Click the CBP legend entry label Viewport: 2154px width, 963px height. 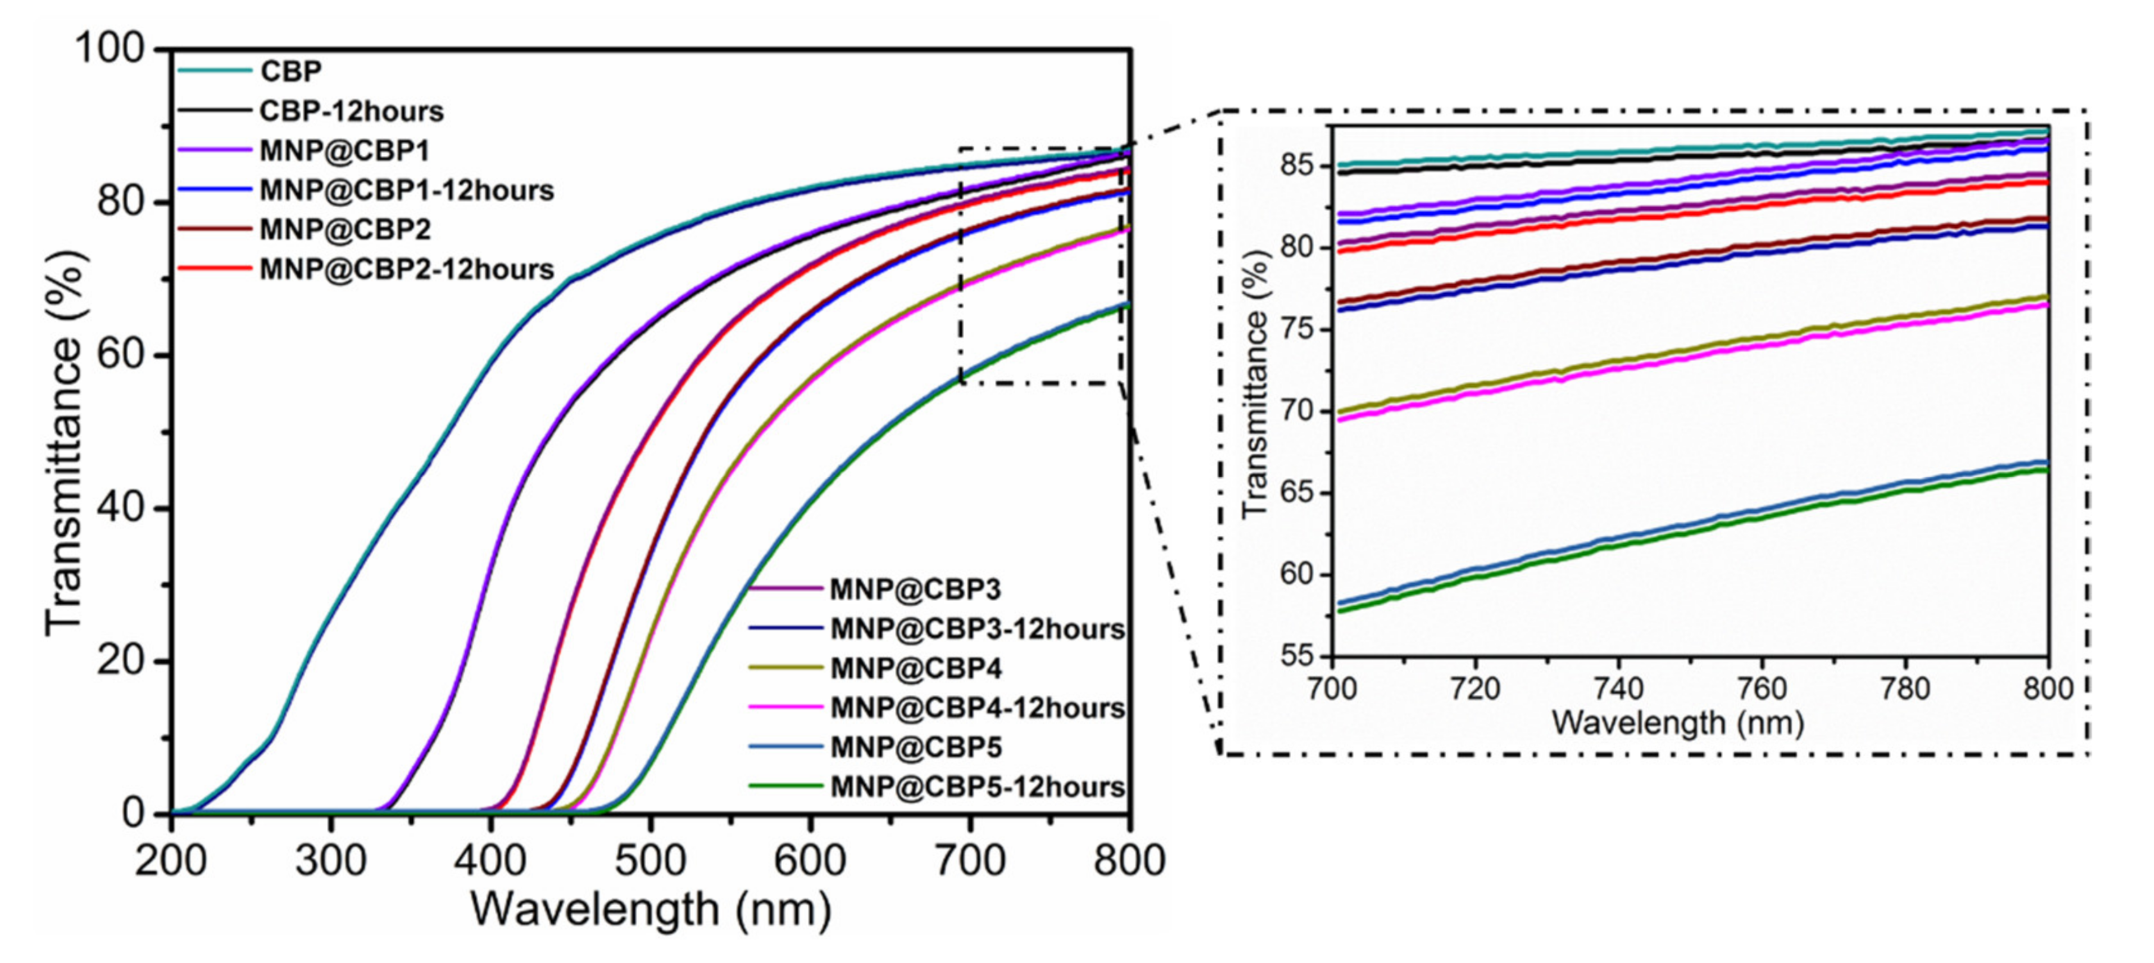(290, 72)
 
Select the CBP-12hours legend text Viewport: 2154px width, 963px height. (351, 111)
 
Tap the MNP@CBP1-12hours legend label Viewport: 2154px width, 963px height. (406, 191)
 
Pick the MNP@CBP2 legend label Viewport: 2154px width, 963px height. (344, 230)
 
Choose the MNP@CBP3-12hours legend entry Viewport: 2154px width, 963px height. (976, 629)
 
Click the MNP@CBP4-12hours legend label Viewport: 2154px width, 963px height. (976, 709)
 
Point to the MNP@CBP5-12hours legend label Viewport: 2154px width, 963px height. (976, 787)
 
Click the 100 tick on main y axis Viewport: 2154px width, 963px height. (110, 49)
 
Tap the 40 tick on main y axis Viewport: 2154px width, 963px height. (121, 508)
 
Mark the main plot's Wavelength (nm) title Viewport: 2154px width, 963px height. (651, 910)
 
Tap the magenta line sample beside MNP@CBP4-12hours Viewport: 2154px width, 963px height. (784, 708)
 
